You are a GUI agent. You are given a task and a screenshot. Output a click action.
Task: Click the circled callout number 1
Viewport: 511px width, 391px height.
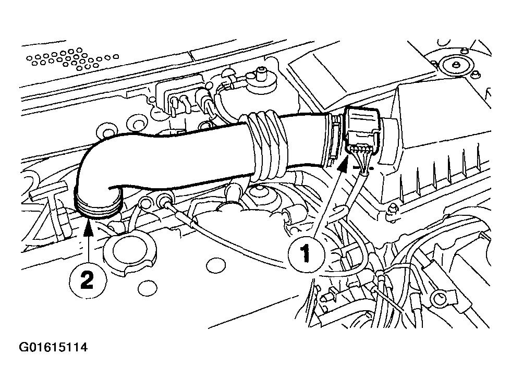pos(306,254)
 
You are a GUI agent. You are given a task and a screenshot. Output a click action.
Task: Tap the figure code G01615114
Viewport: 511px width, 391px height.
pos(53,347)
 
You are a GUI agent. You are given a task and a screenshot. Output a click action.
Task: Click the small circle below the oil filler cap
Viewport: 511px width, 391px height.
pos(147,288)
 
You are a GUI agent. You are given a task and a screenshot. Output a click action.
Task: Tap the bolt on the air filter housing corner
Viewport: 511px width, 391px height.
pos(392,211)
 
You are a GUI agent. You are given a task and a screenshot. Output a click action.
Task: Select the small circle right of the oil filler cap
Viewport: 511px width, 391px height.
pos(216,265)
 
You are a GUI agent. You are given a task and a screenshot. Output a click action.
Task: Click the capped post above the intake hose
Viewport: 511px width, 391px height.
pos(261,77)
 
